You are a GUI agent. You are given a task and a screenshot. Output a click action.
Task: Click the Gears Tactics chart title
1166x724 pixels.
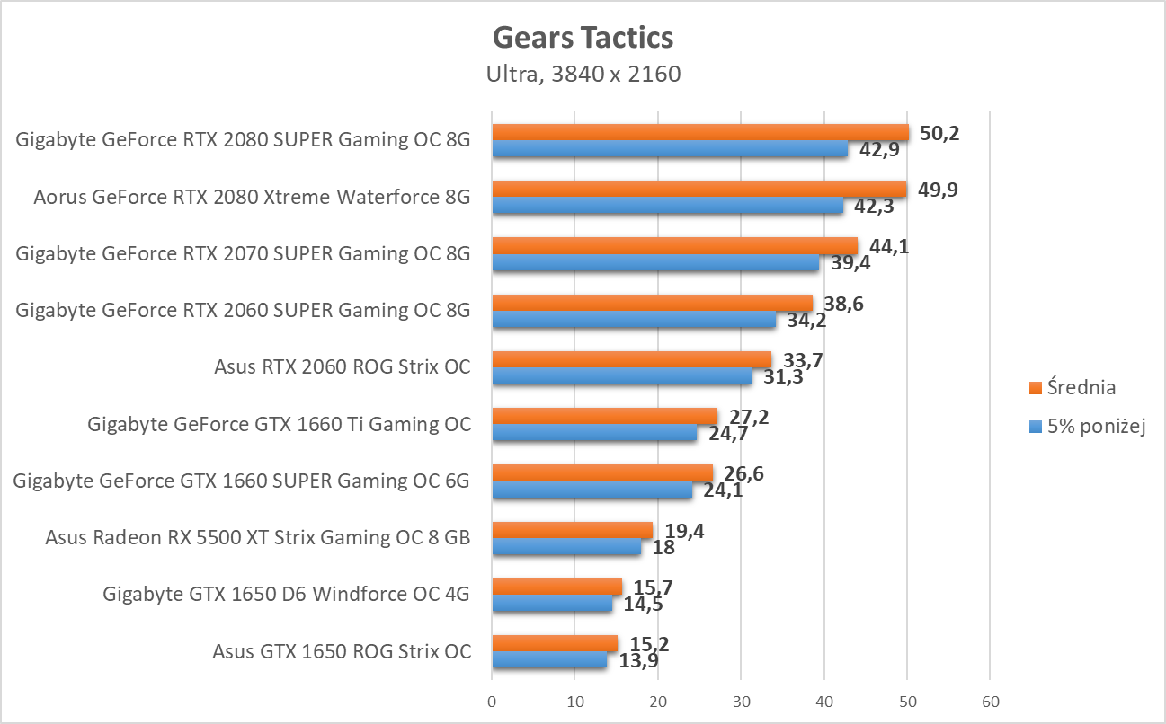click(x=583, y=38)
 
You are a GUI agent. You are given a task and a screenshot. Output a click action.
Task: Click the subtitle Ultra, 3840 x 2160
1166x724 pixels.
click(x=583, y=74)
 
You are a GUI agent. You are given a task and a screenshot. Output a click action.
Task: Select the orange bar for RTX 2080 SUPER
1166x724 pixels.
click(x=699, y=133)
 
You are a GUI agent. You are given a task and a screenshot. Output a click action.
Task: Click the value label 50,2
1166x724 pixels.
click(x=938, y=133)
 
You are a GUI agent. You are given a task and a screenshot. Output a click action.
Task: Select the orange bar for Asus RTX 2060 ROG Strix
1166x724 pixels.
click(x=631, y=360)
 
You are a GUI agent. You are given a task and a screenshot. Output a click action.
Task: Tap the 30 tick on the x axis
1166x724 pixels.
click(x=741, y=701)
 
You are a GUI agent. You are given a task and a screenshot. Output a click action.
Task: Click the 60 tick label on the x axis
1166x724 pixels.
click(x=990, y=701)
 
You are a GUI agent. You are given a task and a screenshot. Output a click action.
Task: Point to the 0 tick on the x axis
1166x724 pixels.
click(x=492, y=701)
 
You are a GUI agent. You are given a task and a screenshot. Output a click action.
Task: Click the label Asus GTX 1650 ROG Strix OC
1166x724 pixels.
click(x=342, y=651)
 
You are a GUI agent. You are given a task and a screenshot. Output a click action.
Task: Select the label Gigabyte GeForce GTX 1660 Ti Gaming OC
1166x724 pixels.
click(x=279, y=424)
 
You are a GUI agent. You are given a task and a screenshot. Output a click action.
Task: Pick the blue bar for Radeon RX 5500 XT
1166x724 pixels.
click(x=566, y=547)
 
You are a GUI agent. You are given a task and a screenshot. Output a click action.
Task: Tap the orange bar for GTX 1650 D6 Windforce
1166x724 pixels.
click(x=556, y=587)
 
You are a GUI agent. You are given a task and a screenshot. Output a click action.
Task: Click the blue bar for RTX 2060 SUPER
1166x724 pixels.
click(x=633, y=320)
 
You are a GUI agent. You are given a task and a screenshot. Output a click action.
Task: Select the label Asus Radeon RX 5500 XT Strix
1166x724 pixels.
click(x=258, y=538)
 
